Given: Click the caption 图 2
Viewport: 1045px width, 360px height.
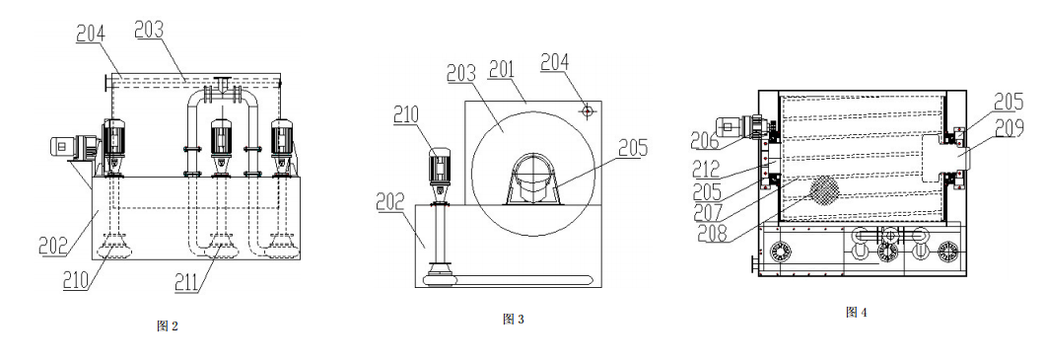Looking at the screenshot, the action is [168, 326].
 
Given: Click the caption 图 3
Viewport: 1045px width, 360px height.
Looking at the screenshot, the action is [514, 320].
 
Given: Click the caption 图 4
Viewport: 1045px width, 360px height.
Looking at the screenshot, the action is [856, 312].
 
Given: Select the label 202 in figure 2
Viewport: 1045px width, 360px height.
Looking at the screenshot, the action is [53, 247].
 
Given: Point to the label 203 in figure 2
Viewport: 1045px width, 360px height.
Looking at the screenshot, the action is [149, 30].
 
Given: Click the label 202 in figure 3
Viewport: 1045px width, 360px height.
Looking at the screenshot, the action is [389, 201].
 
